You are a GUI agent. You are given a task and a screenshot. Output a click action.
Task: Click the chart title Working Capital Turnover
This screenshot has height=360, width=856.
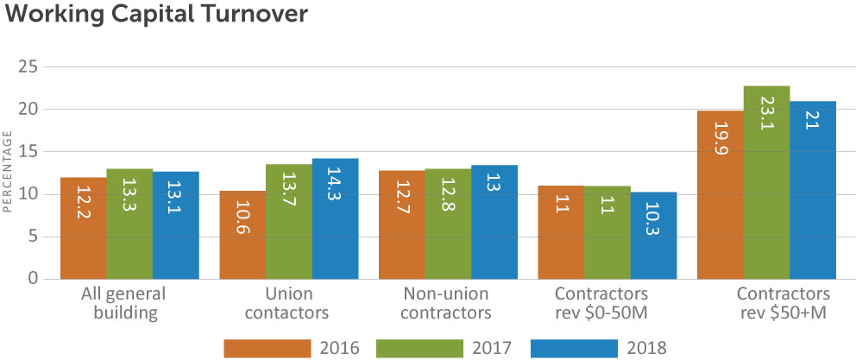[154, 15]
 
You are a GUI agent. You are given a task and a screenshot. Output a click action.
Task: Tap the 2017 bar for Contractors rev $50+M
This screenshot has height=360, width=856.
[766, 182]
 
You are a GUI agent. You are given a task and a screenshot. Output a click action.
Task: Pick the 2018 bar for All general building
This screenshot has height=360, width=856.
[176, 225]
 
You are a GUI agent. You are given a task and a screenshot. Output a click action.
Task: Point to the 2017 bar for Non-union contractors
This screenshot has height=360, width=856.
[448, 224]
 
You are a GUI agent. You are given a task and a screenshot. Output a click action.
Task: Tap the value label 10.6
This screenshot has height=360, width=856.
[242, 235]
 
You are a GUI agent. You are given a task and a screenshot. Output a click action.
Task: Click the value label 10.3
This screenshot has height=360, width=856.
[653, 236]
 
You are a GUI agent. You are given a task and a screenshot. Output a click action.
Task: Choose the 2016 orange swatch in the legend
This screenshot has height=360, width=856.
[267, 348]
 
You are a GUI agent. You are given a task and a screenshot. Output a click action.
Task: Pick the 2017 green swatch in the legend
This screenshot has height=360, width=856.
[420, 348]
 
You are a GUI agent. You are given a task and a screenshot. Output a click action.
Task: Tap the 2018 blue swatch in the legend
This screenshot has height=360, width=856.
[575, 348]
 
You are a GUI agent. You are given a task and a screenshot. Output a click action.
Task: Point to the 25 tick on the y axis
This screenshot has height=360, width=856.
[28, 66]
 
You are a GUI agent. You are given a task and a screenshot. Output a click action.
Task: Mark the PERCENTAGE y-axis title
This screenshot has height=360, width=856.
[8, 172]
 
